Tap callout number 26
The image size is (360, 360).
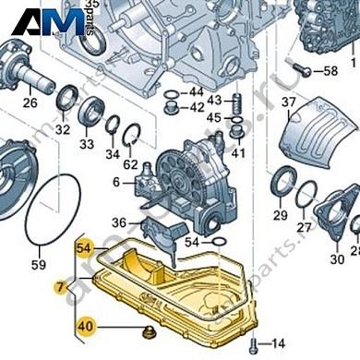30,102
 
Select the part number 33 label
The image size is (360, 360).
87,144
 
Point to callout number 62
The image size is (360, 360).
131,165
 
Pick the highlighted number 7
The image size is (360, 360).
61,288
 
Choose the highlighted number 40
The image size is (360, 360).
85,324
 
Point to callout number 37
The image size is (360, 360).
288,102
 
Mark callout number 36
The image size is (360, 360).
119,223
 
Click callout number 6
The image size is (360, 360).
117,182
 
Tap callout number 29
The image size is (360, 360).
281,215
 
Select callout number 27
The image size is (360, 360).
304,226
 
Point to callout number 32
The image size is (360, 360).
63,130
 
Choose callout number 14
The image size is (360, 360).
280,342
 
